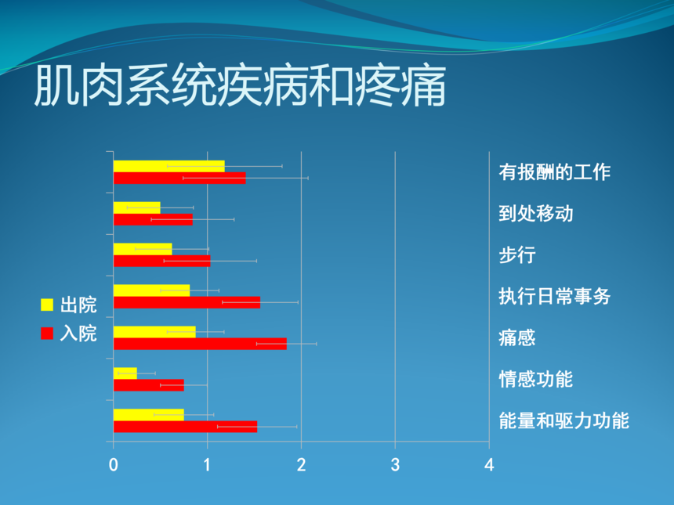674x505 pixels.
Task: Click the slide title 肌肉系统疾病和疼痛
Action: coord(240,86)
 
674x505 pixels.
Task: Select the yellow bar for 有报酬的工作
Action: coord(169,166)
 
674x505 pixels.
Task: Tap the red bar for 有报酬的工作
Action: coord(179,179)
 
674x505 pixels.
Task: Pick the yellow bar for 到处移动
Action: coord(136,207)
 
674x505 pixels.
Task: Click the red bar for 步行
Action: coord(162,261)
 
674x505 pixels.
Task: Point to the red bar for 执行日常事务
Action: coord(187,302)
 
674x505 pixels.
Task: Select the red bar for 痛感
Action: coord(200,344)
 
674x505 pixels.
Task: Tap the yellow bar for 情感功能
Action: coord(125,373)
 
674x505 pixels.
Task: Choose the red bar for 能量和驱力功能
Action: coord(185,427)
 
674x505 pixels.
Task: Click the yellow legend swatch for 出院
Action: coord(47,305)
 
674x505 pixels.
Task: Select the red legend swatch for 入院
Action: coord(47,334)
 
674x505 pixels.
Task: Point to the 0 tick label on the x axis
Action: coord(114,465)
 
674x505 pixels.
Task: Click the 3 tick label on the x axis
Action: coord(395,465)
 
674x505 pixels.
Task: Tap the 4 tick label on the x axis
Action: coord(489,465)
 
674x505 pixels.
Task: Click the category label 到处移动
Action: coord(536,214)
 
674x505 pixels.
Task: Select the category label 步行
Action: coord(517,255)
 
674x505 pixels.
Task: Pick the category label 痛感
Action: coord(517,338)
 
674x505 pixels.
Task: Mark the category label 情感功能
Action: coord(536,380)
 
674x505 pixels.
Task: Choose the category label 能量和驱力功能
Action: coord(564,421)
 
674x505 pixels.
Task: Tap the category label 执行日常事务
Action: coord(555,297)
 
